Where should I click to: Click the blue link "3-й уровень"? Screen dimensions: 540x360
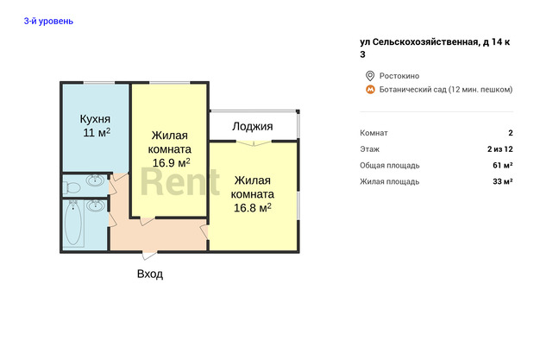[48, 21]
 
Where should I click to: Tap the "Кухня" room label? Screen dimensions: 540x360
[95, 119]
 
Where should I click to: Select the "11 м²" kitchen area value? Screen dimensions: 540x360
[97, 132]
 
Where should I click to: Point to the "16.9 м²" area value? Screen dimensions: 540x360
[171, 163]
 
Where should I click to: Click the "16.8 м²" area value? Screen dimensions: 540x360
[253, 208]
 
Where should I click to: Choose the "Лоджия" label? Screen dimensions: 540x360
[253, 127]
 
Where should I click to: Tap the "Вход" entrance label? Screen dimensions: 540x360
[150, 275]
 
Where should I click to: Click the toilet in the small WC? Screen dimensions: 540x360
[72, 187]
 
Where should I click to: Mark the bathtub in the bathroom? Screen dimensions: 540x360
[73, 223]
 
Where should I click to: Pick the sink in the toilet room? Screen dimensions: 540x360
[95, 180]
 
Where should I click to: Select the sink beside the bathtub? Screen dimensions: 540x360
[96, 205]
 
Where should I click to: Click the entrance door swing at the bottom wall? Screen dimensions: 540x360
[149, 256]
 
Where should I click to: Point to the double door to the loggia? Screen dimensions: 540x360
[254, 142]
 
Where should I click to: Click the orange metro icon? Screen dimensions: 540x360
[370, 90]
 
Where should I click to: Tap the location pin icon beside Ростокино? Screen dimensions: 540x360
[370, 76]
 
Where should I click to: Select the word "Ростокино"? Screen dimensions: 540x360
[399, 76]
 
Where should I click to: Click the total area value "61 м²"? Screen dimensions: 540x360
[502, 166]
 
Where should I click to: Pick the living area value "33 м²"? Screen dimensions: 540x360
[502, 181]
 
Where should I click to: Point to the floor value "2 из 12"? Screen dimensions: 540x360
[500, 149]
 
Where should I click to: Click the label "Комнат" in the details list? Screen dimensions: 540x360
[374, 133]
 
